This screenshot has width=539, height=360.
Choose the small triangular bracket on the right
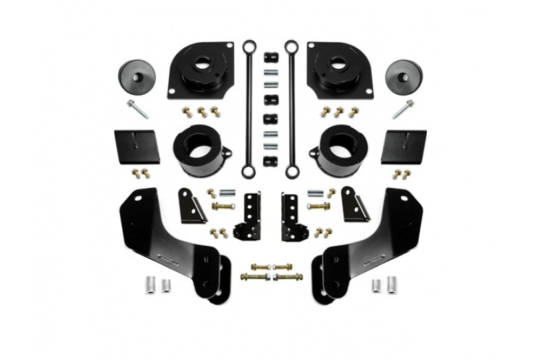pyautogui.click(x=351, y=204)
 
